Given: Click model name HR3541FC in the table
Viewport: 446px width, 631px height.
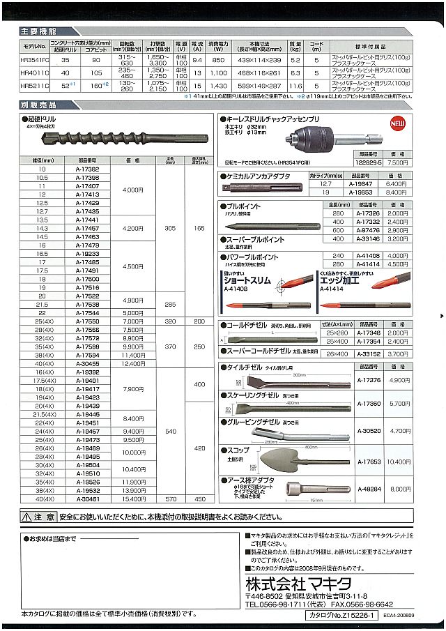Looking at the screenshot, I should (34, 61).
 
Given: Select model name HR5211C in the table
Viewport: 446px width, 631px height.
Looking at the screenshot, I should (34, 86).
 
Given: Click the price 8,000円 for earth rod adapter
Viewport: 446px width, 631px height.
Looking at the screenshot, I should (399, 489).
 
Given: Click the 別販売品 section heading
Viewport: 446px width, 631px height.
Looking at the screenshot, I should (38, 105).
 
